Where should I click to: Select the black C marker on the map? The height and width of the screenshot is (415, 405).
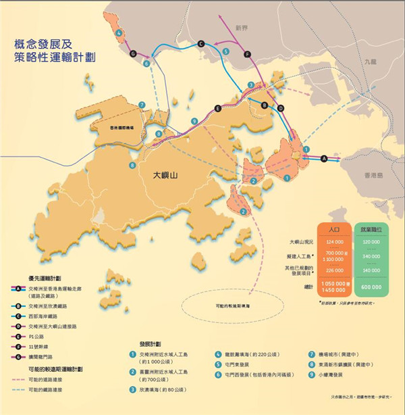[x=201, y=44]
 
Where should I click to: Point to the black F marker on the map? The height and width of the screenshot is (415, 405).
[x=248, y=54]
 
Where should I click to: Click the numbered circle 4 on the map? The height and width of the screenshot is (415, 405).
[x=119, y=32]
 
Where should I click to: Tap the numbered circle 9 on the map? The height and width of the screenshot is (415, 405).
[x=194, y=121]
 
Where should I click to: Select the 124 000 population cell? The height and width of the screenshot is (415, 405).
[x=333, y=241]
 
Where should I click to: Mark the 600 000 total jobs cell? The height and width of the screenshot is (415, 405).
[x=373, y=287]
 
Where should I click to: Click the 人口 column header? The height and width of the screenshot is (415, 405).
[x=333, y=229]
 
